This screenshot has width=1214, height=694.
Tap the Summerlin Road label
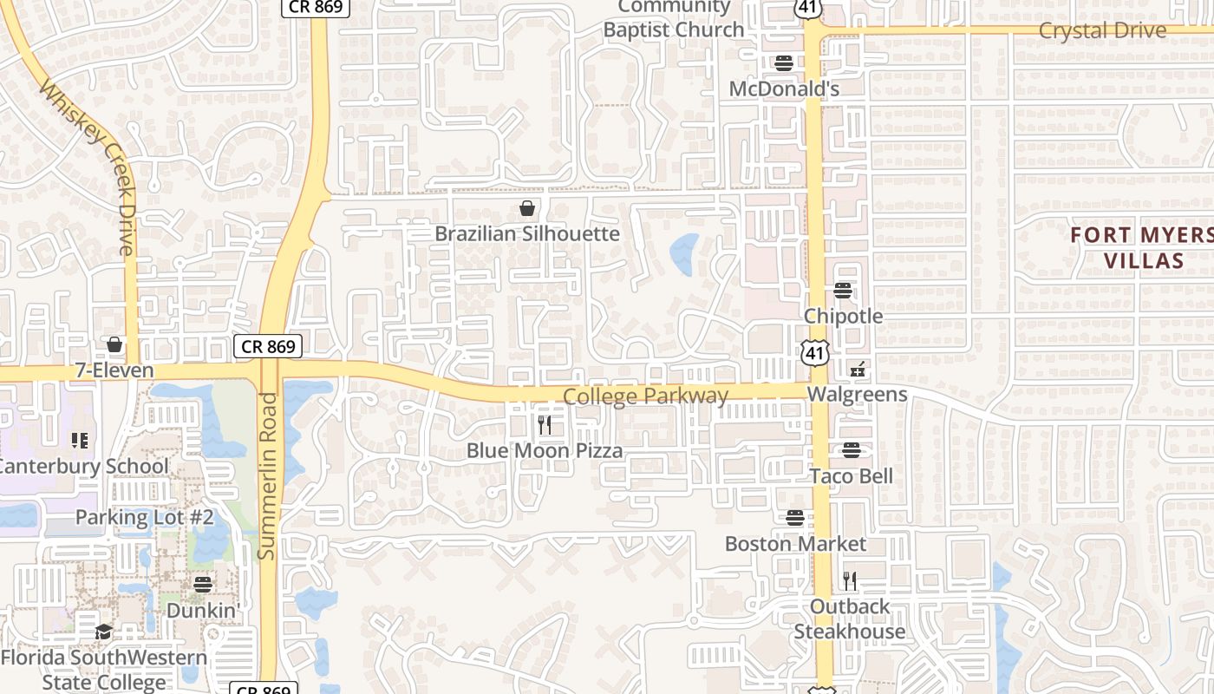(268, 475)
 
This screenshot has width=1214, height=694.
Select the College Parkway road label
(646, 396)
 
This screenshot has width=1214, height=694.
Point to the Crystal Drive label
(1102, 30)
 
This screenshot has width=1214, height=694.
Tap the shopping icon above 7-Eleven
(114, 345)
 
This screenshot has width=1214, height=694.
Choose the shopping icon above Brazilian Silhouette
(526, 208)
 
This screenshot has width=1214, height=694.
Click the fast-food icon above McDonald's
(784, 63)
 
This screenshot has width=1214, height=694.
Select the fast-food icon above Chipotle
(843, 291)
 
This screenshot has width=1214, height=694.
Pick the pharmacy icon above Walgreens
(858, 370)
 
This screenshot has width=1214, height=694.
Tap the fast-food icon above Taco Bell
(852, 450)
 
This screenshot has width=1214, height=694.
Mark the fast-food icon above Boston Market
(795, 518)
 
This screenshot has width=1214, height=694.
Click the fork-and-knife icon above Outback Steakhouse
(850, 580)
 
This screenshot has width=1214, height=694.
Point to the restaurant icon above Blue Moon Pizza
(545, 425)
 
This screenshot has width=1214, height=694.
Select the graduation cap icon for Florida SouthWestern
(104, 632)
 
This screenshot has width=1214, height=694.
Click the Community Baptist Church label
(675, 18)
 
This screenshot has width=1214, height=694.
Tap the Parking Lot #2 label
(144, 517)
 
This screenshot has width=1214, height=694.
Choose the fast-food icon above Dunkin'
(203, 584)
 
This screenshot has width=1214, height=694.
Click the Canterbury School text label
(83, 466)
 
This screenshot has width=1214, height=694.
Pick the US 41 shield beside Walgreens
(813, 351)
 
